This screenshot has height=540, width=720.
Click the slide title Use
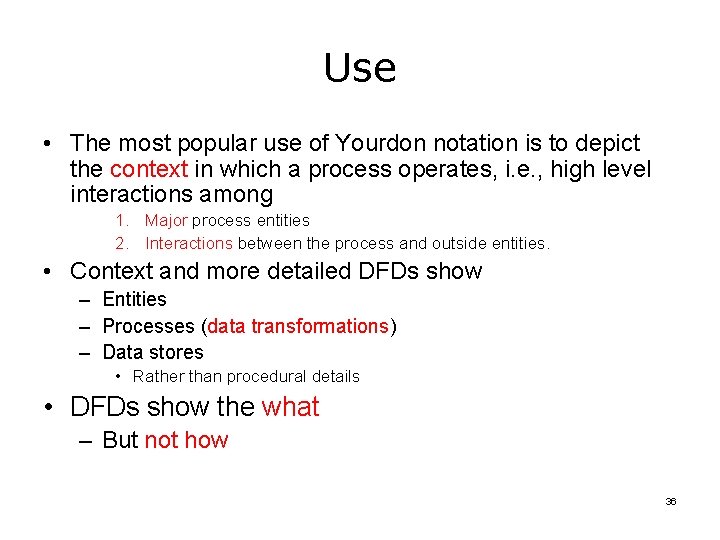pyautogui.click(x=360, y=68)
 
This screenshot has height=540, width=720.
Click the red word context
pyautogui.click(x=149, y=170)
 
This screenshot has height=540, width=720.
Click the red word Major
pyautogui.click(x=166, y=220)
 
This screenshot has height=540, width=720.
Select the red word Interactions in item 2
pyautogui.click(x=189, y=243)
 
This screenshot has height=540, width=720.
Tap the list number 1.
pyautogui.click(x=120, y=220)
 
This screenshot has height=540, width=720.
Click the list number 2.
pyautogui.click(x=120, y=243)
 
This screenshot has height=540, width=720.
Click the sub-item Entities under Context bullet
pyautogui.click(x=134, y=299)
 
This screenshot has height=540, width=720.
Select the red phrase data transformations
pyautogui.click(x=298, y=326)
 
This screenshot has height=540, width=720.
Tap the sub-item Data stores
pyautogui.click(x=152, y=352)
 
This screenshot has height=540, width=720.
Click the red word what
pyautogui.click(x=290, y=407)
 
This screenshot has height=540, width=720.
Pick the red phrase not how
pyautogui.click(x=186, y=440)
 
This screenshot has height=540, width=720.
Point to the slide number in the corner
pyautogui.click(x=671, y=501)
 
